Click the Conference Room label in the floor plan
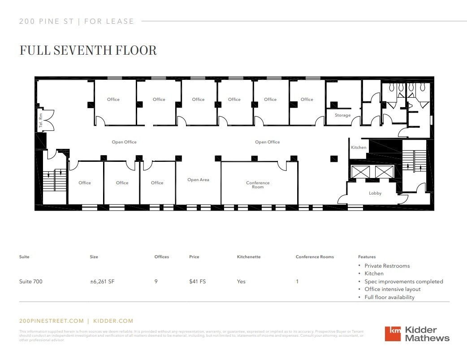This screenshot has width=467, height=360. [x=258, y=185]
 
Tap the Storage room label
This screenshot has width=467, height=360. [x=342, y=115]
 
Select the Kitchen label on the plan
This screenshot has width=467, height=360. [x=359, y=147]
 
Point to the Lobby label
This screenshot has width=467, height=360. [x=375, y=193]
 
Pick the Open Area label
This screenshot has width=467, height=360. [x=198, y=180]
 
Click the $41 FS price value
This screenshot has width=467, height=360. [x=197, y=282]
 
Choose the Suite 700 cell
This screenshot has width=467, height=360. [x=31, y=282]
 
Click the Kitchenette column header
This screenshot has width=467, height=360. [x=249, y=257]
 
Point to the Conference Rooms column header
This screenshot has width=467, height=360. [x=315, y=257]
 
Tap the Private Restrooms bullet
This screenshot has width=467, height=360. [x=387, y=266]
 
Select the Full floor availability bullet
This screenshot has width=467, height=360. [x=389, y=297]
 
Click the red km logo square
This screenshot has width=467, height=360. [x=393, y=334]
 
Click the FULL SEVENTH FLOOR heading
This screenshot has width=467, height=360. [x=88, y=50]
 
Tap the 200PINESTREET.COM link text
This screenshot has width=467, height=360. [x=52, y=321]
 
